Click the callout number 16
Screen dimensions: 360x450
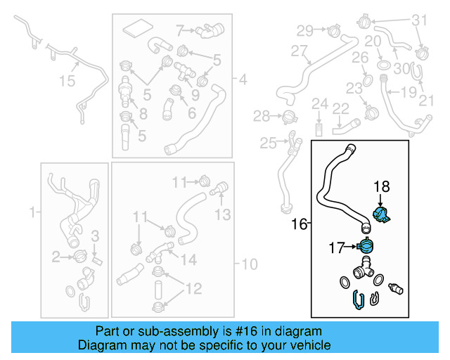coord(300,224)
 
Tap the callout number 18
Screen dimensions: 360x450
coord(381,186)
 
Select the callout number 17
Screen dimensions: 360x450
coord(335,247)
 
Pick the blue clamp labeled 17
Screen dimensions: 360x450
coord(367,247)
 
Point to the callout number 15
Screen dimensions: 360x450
coord(66,82)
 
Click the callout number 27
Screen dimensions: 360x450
coord(300,51)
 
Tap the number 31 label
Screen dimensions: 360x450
coord(419,20)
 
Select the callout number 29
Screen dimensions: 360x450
coord(304,30)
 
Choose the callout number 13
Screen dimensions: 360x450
coord(223,214)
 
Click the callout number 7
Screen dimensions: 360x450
coord(180,30)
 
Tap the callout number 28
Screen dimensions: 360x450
coord(262,115)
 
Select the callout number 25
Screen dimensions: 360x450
coord(268,143)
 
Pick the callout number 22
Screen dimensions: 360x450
coord(341,108)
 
